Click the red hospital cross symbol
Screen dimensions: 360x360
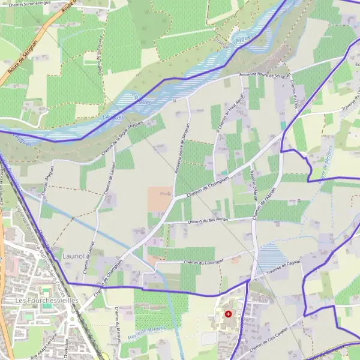(228, 314)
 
